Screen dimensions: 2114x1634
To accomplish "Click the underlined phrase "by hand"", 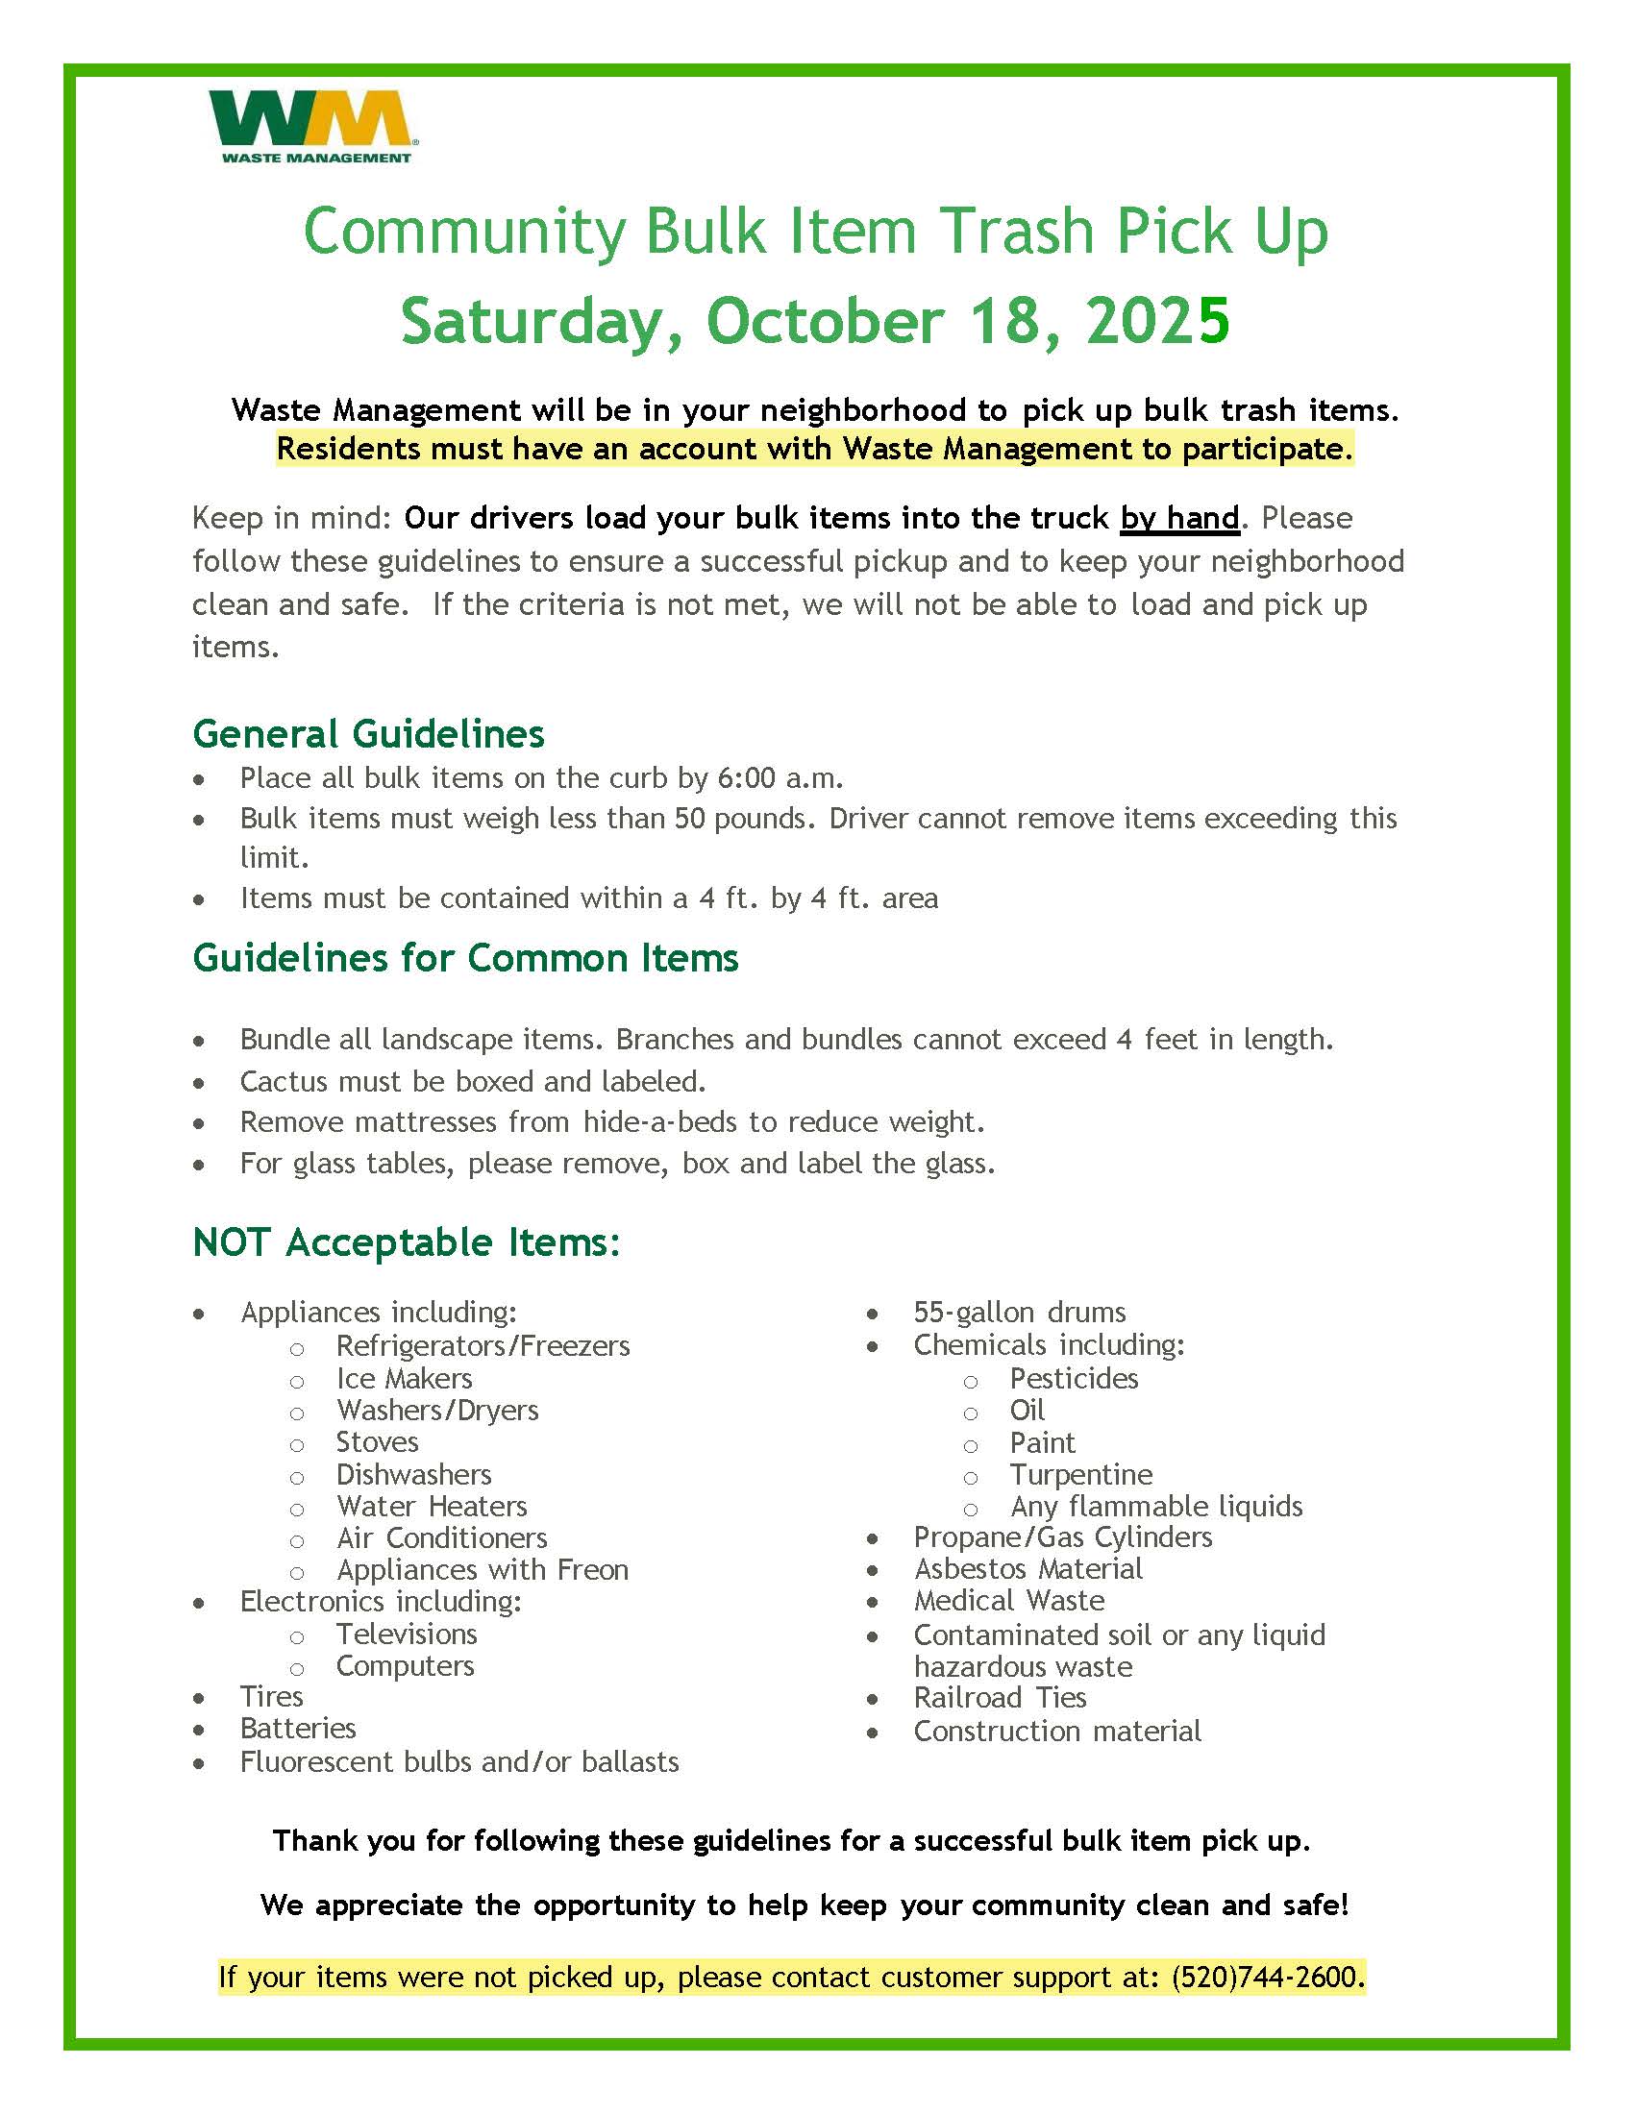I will click(x=1179, y=519).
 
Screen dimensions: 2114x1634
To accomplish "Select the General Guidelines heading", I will click(x=368, y=734).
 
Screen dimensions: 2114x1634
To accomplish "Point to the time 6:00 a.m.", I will click(x=780, y=778).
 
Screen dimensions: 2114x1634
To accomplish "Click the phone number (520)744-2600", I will click(x=1266, y=1976).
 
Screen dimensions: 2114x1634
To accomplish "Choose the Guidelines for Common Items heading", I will click(x=464, y=958).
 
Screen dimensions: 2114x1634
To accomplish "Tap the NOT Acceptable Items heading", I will click(x=406, y=1242).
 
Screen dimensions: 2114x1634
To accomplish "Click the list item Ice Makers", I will click(x=404, y=1378).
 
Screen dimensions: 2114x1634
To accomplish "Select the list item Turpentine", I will click(x=1080, y=1474).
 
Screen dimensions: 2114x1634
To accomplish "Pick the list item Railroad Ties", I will click(x=999, y=1697).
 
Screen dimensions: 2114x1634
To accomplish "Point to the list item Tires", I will click(x=271, y=1696).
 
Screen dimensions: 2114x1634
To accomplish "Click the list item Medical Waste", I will click(x=1008, y=1600).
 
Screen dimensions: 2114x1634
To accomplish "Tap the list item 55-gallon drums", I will click(x=1019, y=1312).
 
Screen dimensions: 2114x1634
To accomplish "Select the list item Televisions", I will click(x=407, y=1634).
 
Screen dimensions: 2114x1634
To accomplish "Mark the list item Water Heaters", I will click(x=431, y=1506).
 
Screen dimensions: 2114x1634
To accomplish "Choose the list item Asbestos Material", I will click(x=1028, y=1568).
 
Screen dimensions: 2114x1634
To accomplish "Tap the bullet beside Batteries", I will click(x=198, y=1730).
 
